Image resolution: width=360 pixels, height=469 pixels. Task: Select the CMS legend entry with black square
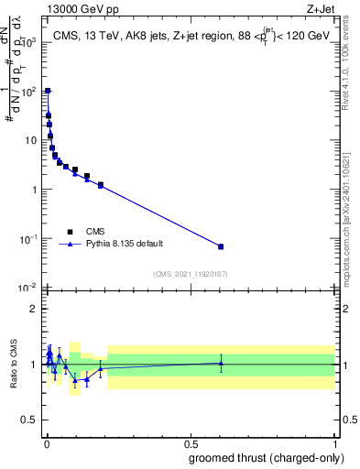click(x=70, y=232)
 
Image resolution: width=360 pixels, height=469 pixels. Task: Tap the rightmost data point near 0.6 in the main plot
click(x=221, y=246)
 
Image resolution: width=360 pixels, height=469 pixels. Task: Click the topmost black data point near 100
click(x=47, y=91)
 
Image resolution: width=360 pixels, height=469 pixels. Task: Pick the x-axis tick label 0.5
click(x=191, y=442)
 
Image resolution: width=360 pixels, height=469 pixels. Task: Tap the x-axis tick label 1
click(x=335, y=442)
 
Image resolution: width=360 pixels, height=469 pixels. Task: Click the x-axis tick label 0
click(x=46, y=442)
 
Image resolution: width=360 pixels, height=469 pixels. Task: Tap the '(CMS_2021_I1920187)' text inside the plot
click(x=191, y=273)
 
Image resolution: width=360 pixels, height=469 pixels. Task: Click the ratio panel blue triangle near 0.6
click(x=221, y=363)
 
